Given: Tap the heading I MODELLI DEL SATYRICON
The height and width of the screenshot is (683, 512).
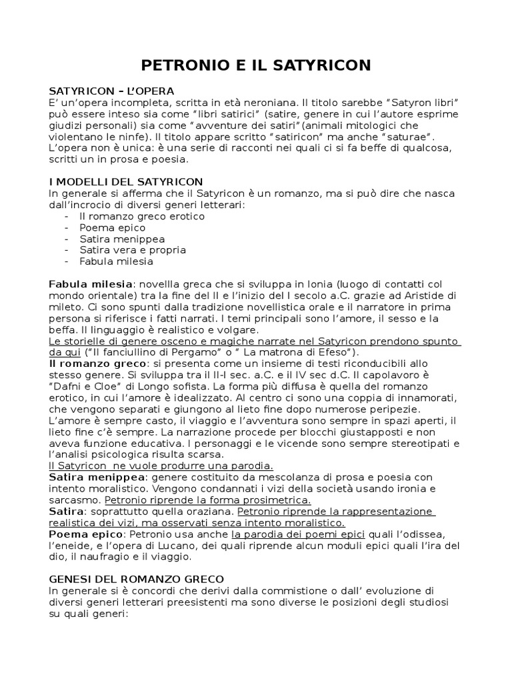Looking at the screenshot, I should (x=126, y=181).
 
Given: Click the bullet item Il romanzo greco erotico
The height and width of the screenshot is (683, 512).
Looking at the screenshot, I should (x=141, y=216).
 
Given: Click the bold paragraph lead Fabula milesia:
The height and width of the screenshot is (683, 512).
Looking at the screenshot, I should (x=91, y=284).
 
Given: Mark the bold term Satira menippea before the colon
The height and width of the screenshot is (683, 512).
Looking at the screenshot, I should (x=96, y=477).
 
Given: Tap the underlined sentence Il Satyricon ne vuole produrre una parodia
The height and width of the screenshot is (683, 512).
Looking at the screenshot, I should (x=161, y=466).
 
